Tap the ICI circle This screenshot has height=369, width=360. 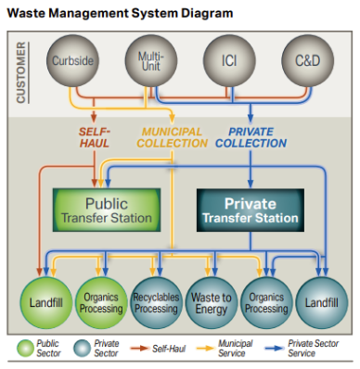pyautogui.click(x=230, y=63)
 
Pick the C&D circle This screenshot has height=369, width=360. pyautogui.click(x=307, y=63)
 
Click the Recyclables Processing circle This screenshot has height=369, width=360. pyautogui.click(x=154, y=302)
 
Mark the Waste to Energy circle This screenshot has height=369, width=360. pyautogui.click(x=211, y=302)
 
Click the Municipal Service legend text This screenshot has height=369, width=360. pyautogui.click(x=239, y=349)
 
